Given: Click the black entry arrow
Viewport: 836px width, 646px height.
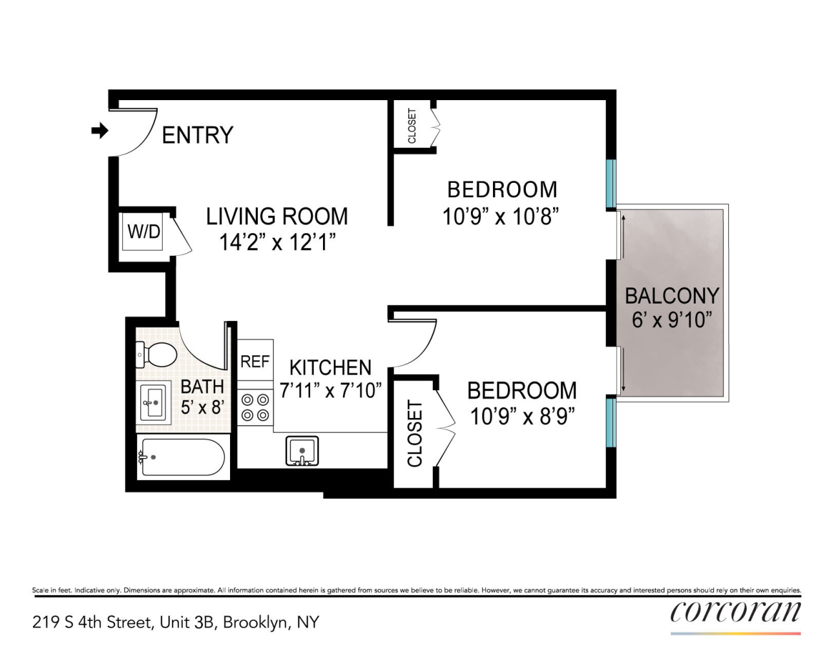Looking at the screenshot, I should tap(99, 130).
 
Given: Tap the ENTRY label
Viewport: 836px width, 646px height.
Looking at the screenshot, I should tap(197, 135).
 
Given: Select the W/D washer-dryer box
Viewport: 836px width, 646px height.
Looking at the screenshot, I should tap(143, 231).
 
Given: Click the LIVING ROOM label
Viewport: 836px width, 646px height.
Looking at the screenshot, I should tap(277, 216).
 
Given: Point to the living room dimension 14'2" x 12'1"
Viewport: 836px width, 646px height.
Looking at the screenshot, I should tap(277, 242).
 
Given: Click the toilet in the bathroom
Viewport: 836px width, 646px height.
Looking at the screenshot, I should tap(156, 354).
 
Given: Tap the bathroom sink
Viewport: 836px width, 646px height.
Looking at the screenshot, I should tap(153, 403).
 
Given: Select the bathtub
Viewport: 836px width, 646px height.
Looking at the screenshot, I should tap(182, 457).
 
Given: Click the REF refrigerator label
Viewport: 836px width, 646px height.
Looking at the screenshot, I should tap(255, 362).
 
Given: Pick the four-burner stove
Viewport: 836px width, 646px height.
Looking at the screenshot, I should tap(255, 408).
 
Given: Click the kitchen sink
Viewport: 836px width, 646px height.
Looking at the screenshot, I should tap(302, 451).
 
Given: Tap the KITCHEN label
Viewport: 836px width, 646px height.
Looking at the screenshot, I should tap(330, 368).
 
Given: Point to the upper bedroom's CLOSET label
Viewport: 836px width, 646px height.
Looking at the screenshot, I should tap(412, 126).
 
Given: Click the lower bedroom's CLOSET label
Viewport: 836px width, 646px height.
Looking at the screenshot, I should tap(414, 433).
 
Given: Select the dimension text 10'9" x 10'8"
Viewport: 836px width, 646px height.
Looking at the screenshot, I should tap(500, 216).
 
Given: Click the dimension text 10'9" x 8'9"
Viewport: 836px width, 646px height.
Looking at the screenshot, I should tap(522, 417).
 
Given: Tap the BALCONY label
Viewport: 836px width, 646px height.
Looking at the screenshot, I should tap(672, 295).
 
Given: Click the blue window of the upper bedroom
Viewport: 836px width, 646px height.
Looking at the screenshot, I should tap(611, 183).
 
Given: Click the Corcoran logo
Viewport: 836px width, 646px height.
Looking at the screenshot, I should tap(735, 611).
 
